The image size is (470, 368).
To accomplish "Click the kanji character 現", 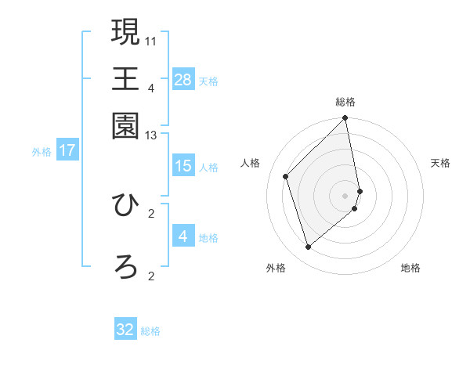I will tap(125, 32).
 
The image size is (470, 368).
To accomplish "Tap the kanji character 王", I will tap(125, 79).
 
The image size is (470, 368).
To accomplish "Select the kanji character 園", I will tap(125, 126).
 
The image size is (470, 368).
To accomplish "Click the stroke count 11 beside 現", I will tap(151, 39).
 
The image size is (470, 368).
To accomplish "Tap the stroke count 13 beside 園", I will tap(151, 135).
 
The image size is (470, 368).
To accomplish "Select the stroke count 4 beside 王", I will tap(150, 87).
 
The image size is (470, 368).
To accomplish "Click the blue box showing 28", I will tap(183, 79).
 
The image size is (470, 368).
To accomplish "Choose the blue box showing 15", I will tap(183, 165).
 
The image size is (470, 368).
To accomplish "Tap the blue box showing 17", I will tap(67, 150).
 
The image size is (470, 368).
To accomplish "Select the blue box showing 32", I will tap(125, 330).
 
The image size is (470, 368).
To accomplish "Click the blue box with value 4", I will tap(183, 236).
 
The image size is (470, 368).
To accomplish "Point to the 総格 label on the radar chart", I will tap(345, 102).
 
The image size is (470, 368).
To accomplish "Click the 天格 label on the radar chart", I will tap(440, 163).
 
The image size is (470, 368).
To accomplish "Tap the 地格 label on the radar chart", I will tap(410, 268).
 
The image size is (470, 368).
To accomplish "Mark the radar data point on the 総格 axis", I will tap(345, 119).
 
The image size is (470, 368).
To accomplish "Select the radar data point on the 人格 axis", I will tap(286, 176).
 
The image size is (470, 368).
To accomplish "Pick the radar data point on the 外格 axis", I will tap(309, 247).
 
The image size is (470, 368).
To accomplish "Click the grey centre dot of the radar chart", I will tap(345, 195).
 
